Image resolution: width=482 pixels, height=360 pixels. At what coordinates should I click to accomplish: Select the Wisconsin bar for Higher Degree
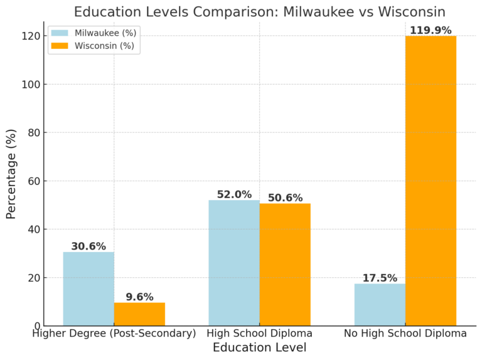(x=139, y=314)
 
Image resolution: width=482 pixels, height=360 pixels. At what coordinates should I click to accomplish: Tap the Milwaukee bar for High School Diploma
(x=233, y=263)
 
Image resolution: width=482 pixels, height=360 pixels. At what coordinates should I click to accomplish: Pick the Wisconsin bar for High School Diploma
(x=285, y=265)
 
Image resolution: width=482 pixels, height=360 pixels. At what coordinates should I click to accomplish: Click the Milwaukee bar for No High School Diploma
(x=380, y=305)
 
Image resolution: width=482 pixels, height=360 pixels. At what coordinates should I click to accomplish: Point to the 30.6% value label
(x=88, y=246)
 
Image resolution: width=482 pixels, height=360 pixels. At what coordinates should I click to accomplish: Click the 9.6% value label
(x=139, y=297)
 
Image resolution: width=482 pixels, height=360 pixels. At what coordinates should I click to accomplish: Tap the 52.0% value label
(x=234, y=194)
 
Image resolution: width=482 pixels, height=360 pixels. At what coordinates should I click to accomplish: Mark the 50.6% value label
(x=285, y=198)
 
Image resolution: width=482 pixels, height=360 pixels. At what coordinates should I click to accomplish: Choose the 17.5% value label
(x=380, y=278)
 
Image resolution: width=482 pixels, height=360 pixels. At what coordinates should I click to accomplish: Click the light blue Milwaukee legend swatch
(x=60, y=33)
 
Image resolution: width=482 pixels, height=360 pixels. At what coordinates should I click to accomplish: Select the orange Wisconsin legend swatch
(x=60, y=45)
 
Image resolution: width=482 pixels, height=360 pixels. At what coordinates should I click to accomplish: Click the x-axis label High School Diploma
(x=259, y=334)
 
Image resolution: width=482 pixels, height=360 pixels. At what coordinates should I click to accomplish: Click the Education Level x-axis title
(x=259, y=347)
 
